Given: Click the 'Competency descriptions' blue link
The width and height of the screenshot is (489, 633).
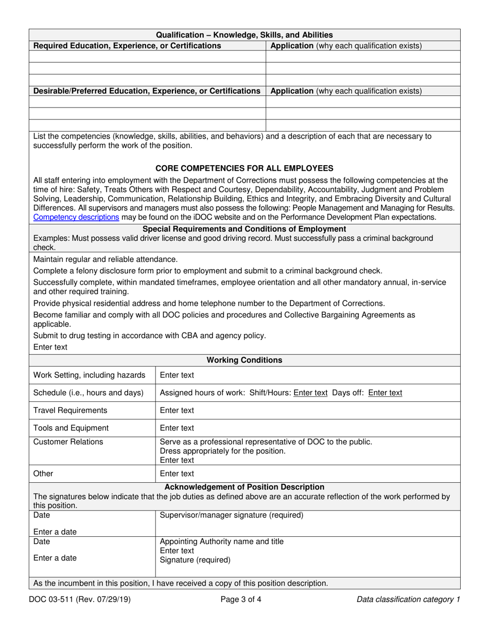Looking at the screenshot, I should tap(76, 217).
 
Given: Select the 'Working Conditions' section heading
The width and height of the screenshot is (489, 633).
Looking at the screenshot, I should tap(244, 360).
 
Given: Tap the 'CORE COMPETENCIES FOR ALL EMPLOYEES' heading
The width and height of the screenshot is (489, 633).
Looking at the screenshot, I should tap(244, 168).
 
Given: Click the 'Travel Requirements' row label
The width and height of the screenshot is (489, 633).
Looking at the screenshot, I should tap(71, 410).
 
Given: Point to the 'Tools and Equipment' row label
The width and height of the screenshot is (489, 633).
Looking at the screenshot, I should tap(71, 428).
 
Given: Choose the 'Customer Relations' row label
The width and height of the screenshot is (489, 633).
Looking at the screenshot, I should tap(68, 442).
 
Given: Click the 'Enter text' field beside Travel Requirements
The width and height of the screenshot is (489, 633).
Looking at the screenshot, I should tap(177, 410).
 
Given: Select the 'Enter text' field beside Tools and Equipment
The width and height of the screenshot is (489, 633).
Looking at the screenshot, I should tap(177, 428).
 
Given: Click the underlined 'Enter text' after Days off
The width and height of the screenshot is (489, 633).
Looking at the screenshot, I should tap(386, 393).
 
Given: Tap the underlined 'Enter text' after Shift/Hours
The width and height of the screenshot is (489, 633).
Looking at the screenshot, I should tap(310, 393).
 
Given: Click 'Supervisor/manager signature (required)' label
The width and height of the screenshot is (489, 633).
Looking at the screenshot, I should tap(232, 515).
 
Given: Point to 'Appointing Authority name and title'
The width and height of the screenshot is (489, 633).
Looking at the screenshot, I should tap(222, 541).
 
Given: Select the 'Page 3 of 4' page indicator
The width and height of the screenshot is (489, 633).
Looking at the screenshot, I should tap(244, 599).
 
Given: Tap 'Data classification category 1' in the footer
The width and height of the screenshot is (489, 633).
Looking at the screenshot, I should tap(408, 599).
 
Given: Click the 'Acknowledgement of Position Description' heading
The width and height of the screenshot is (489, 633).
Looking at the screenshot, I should tap(244, 487).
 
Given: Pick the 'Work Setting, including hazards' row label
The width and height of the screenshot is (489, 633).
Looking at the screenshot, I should tap(89, 375).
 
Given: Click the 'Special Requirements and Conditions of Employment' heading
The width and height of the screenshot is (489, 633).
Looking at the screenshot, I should tap(244, 229).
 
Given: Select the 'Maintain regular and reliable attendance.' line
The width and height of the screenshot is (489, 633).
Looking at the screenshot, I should tap(106, 259).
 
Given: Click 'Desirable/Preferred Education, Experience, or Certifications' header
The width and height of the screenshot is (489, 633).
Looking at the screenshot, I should tap(147, 91).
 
